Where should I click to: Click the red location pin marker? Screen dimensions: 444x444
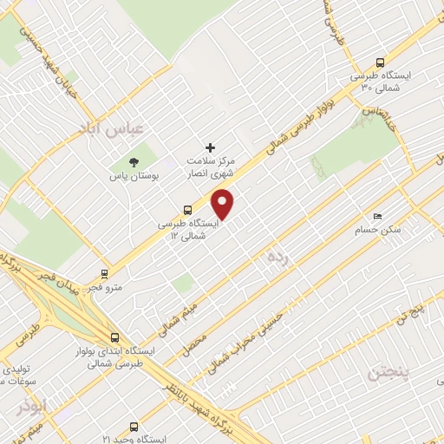point(224,203)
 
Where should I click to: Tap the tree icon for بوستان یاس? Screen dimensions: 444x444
point(134,161)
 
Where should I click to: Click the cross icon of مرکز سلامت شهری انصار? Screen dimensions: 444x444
point(210,147)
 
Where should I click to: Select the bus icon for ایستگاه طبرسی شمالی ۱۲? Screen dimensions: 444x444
point(187,209)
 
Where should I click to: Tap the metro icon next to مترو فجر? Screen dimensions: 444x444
point(106,273)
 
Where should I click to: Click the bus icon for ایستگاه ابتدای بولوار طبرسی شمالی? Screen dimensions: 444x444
point(115,337)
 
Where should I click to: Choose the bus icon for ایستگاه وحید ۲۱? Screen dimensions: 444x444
point(133,427)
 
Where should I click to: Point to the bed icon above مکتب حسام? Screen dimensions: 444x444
point(376,216)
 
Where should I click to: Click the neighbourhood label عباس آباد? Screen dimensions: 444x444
point(116,128)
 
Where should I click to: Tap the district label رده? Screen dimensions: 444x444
point(277,256)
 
